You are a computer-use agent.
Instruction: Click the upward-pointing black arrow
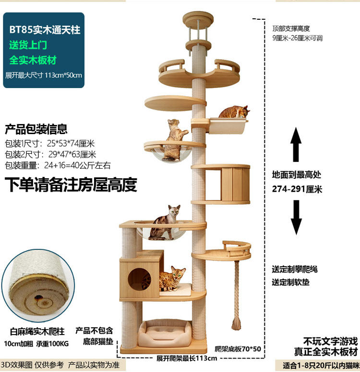[296, 144]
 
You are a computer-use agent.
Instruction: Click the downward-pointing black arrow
[296, 217]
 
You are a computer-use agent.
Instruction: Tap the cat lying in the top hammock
[234, 112]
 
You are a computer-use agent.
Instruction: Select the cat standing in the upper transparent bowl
[174, 140]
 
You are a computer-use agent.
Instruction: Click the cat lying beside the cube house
[172, 279]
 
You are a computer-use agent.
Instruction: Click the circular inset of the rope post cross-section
[38, 285]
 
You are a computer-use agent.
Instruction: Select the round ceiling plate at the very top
[198, 19]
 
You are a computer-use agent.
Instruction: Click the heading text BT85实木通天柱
[45, 30]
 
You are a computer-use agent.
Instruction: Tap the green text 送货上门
[28, 45]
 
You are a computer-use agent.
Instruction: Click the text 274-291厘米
[297, 189]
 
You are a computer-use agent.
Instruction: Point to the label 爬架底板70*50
[238, 349]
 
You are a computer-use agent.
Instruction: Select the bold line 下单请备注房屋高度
[71, 185]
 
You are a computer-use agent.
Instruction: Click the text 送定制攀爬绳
[295, 269]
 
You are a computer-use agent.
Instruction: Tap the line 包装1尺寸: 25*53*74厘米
[50, 144]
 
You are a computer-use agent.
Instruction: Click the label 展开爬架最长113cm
[187, 358]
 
